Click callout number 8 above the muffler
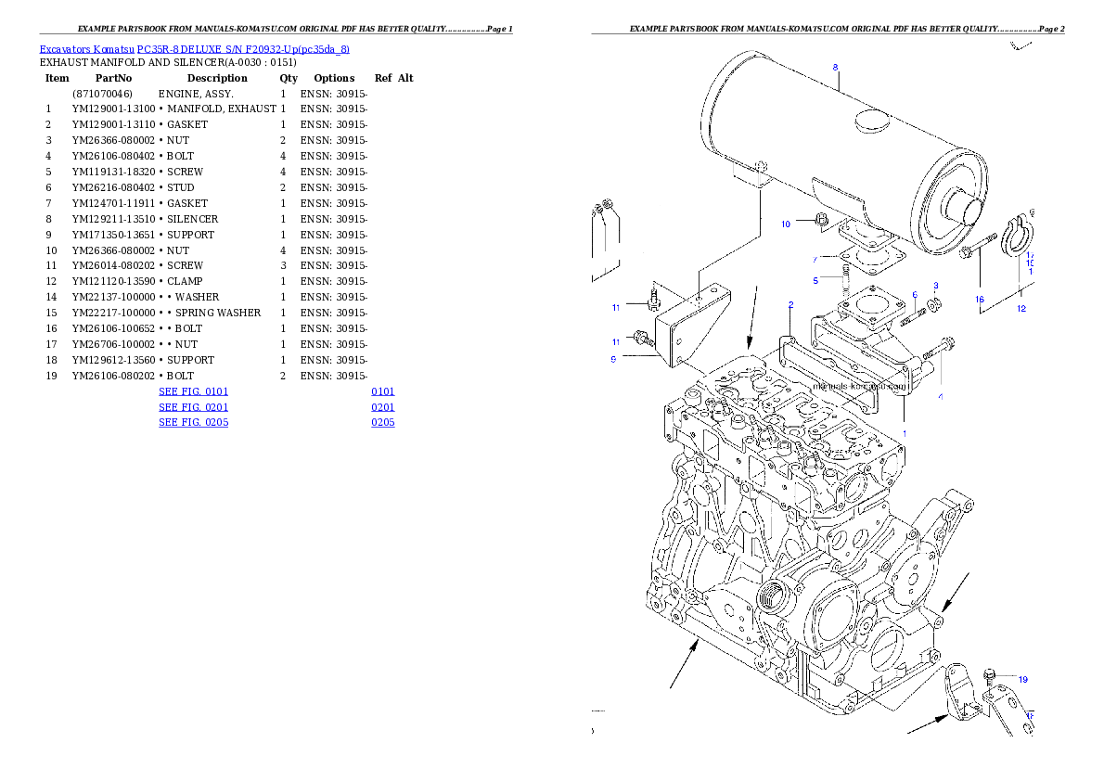point(835,67)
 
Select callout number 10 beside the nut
point(785,224)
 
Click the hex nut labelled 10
point(821,220)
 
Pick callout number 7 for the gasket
point(815,259)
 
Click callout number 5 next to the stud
point(815,279)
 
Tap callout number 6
point(914,295)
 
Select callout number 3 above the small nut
point(936,286)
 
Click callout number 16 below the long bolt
point(979,300)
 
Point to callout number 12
point(1021,308)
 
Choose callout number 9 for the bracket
point(613,358)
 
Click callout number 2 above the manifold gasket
point(790,304)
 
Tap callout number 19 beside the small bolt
point(1022,679)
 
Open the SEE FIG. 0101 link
point(193,391)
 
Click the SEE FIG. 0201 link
point(193,407)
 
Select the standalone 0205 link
point(383,422)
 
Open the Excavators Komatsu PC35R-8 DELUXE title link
point(194,49)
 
